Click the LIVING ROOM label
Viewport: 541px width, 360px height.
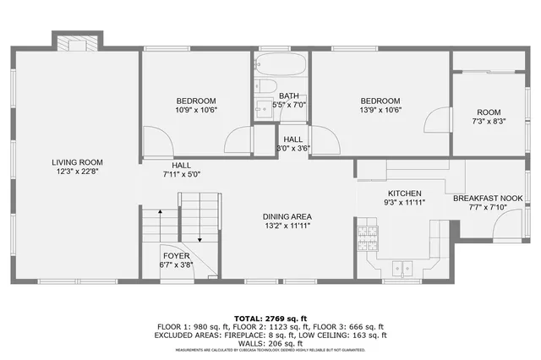tap(77, 162)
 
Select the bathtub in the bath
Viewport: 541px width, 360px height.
tap(280, 65)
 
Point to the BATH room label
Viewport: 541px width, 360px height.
tap(289, 95)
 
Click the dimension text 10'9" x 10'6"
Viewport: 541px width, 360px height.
tap(196, 110)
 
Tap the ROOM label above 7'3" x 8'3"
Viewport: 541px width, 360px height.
tap(489, 112)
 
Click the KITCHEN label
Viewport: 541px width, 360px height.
tap(405, 194)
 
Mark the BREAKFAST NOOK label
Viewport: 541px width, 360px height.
tap(488, 199)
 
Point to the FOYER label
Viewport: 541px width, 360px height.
tap(176, 255)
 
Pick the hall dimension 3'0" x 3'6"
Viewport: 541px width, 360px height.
tap(293, 148)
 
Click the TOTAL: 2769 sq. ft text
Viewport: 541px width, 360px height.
tap(270, 314)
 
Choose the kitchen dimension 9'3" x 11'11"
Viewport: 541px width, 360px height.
tap(405, 203)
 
